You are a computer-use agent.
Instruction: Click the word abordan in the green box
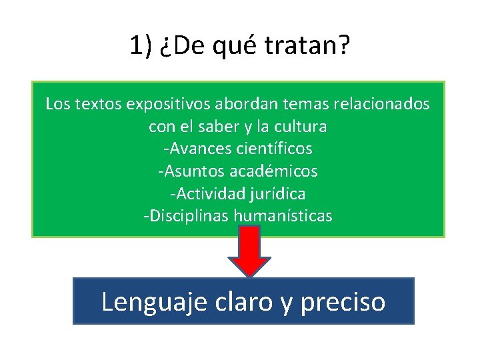pos(220,104)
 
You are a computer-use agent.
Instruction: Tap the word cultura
pos(301,126)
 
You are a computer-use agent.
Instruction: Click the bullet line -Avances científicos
pos(238,148)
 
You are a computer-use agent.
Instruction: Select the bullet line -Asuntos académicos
pos(238,171)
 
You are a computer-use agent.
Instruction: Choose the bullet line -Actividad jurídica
pos(238,193)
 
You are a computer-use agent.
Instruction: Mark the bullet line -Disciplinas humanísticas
pos(238,216)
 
